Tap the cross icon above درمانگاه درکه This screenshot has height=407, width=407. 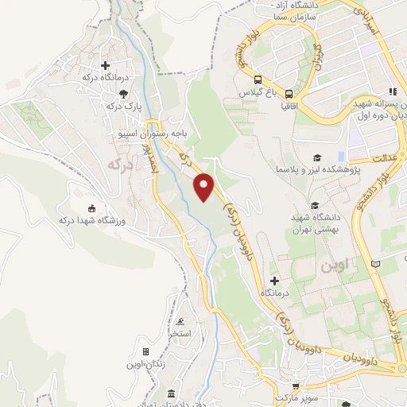(x=106, y=65)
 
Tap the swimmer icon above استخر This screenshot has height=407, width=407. (x=182, y=321)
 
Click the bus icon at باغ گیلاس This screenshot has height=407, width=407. (x=258, y=79)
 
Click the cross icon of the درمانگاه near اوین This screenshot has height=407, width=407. (x=274, y=281)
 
